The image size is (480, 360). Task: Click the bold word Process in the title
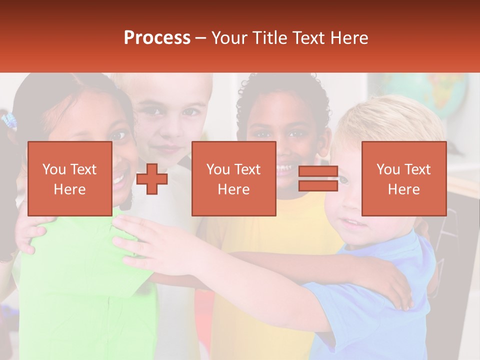tap(157, 38)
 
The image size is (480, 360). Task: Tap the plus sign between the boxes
tap(152, 178)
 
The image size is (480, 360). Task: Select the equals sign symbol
tap(318, 178)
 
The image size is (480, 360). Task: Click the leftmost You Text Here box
tap(69, 178)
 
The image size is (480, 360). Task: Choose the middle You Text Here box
tap(233, 178)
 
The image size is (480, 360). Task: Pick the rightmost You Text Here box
tap(403, 178)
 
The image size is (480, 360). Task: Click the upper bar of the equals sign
tap(318, 171)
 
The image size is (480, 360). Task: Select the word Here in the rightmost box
tap(403, 189)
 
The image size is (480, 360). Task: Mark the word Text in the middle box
tap(247, 169)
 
